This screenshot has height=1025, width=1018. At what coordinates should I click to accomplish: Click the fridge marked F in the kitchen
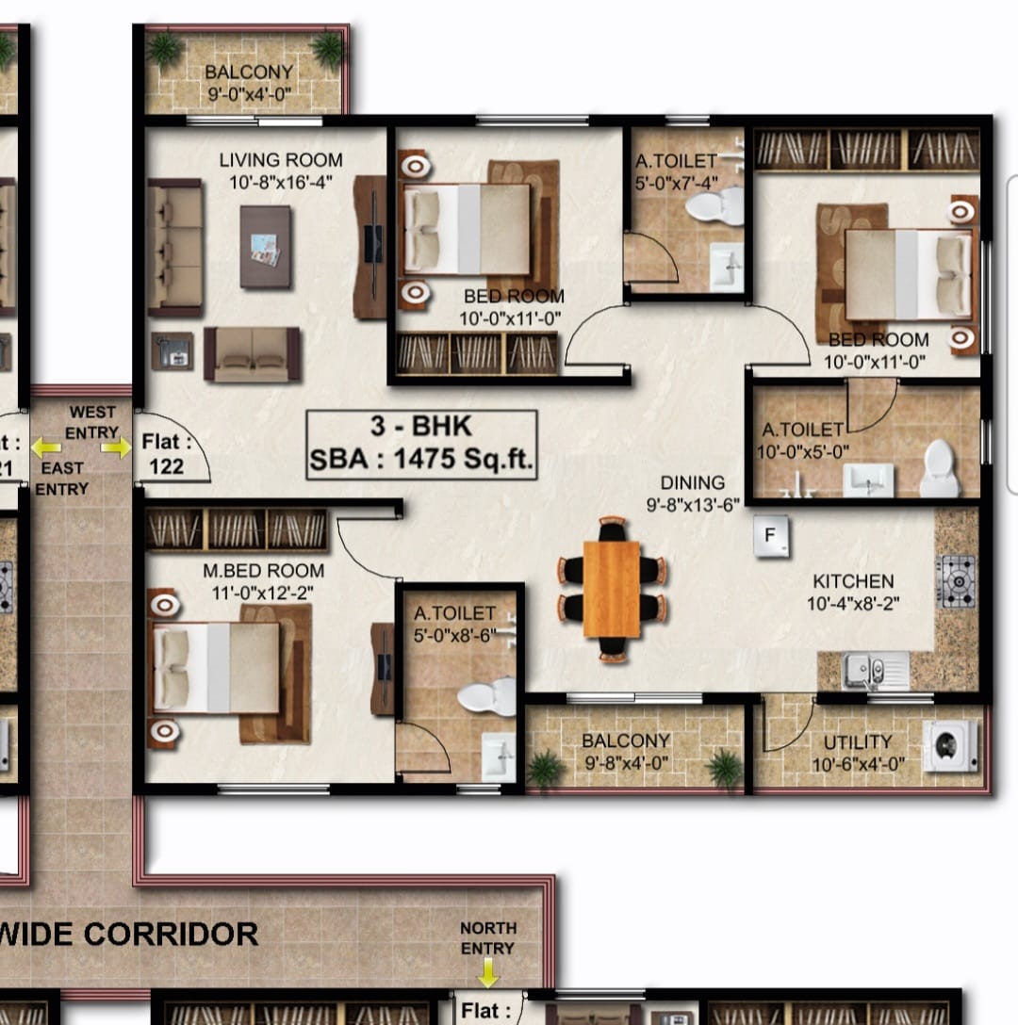click(x=771, y=537)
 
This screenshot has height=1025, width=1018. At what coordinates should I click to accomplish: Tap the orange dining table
click(x=612, y=588)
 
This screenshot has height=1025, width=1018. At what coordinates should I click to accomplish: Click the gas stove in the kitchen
click(x=957, y=581)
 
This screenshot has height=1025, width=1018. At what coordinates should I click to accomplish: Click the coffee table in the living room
click(x=266, y=247)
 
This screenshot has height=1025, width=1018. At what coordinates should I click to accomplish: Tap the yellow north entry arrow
click(x=488, y=972)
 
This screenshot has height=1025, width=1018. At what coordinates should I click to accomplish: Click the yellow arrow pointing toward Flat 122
click(x=116, y=447)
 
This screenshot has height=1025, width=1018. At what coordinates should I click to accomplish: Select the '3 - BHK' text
click(x=420, y=426)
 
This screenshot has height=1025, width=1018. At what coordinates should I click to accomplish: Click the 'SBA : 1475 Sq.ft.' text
click(x=421, y=459)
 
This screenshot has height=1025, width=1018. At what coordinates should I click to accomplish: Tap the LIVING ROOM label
click(x=281, y=160)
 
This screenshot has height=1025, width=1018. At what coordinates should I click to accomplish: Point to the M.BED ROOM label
click(x=264, y=571)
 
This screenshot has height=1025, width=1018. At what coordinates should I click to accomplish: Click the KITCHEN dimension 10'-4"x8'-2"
click(x=853, y=603)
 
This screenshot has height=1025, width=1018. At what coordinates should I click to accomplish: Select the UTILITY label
click(x=858, y=742)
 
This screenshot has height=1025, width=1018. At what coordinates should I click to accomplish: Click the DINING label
click(x=693, y=482)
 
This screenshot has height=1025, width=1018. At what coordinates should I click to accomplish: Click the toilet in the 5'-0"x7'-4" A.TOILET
click(x=715, y=205)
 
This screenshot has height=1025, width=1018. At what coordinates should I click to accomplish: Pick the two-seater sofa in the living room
click(x=253, y=354)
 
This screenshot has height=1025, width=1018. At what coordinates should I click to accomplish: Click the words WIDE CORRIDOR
click(x=129, y=935)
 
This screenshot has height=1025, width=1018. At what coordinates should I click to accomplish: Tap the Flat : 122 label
click(x=167, y=454)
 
